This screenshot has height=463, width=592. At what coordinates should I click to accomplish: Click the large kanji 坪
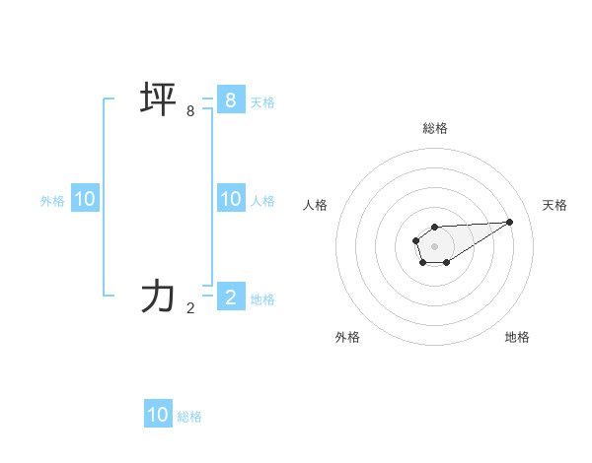[158, 100]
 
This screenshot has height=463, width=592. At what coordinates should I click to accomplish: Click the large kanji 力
[158, 297]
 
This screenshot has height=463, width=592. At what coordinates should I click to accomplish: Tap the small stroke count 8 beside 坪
[190, 111]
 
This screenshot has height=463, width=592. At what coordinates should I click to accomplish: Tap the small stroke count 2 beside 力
[190, 307]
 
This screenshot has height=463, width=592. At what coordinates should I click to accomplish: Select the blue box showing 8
[230, 99]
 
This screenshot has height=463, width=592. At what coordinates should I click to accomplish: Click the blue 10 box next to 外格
[85, 199]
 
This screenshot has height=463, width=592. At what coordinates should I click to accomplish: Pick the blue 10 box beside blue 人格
[230, 199]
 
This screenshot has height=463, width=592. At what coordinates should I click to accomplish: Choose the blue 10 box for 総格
[158, 415]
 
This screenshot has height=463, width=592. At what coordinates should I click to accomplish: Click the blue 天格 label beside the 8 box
[262, 101]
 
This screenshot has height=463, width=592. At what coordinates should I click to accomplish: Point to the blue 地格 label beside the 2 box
[262, 298]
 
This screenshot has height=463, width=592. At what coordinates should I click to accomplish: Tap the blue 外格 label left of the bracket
[52, 201]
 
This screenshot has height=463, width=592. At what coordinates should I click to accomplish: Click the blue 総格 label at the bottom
[189, 417]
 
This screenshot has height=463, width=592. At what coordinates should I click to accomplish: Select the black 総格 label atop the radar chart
[434, 128]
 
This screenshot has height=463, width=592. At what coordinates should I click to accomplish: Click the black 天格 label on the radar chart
[555, 205]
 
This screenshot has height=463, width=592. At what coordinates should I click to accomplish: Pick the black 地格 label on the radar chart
[517, 337]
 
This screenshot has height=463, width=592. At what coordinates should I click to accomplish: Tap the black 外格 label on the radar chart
[347, 337]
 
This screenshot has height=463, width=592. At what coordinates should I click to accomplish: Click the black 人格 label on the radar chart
[316, 205]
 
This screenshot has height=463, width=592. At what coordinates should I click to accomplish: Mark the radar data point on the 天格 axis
[510, 221]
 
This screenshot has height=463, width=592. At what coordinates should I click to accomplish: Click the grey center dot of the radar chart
[434, 244]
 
